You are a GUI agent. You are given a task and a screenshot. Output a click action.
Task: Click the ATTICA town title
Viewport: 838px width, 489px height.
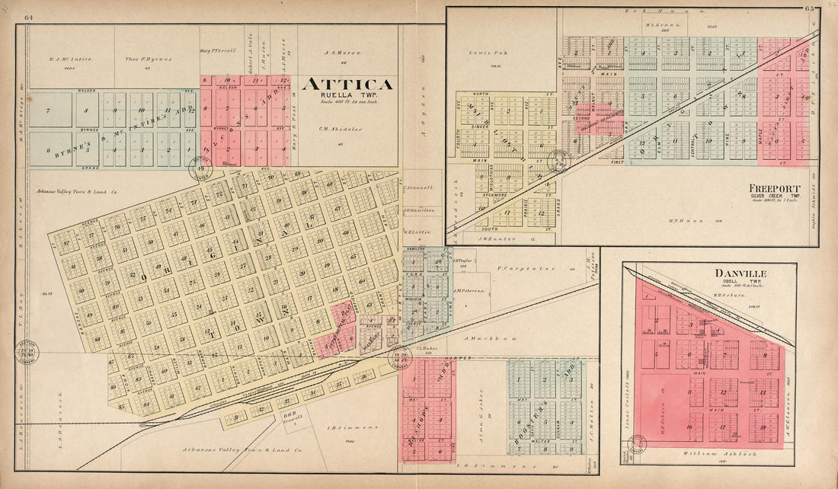tap(347, 85)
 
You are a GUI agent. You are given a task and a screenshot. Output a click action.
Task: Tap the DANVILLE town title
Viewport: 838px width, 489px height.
tap(740, 273)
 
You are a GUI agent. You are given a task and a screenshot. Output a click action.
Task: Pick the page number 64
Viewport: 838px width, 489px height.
tap(28, 17)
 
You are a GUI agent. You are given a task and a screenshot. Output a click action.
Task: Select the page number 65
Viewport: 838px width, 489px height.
tap(808, 9)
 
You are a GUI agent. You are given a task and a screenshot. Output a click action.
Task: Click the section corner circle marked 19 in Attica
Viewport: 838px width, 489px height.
tap(202, 169)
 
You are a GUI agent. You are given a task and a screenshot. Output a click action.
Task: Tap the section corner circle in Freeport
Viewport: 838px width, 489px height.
tap(561, 159)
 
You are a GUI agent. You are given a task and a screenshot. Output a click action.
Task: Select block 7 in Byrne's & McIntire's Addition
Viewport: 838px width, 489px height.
tap(48, 111)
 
